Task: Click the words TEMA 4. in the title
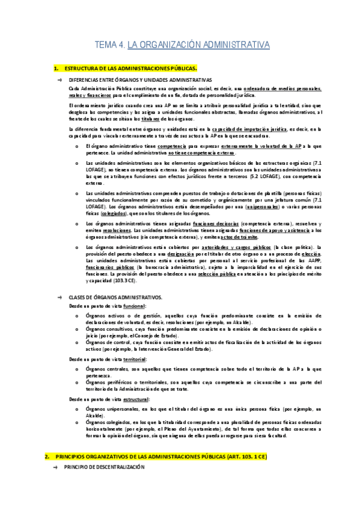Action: pyautogui.click(x=111, y=45)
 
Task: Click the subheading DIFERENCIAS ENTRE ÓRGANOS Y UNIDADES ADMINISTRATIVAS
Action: pyautogui.click(x=140, y=79)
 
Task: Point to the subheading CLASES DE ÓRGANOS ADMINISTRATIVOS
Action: pyautogui.click(x=115, y=298)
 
